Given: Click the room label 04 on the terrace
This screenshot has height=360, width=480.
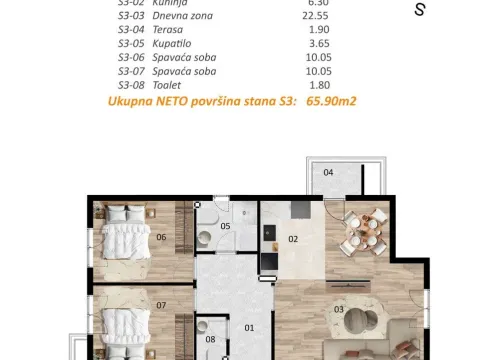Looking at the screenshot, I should [x=327, y=172].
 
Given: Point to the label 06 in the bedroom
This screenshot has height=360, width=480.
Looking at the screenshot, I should [x=161, y=237].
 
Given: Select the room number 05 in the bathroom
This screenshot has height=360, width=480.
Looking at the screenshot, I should [x=226, y=227].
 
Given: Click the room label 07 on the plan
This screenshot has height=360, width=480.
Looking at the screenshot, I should [x=161, y=305].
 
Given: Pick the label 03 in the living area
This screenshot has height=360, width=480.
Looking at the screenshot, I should [x=339, y=309].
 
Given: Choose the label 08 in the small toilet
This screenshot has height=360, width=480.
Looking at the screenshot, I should [x=210, y=339].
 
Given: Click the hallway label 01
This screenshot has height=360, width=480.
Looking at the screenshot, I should [x=250, y=327].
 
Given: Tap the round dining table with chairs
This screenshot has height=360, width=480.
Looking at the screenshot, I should [x=358, y=231].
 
